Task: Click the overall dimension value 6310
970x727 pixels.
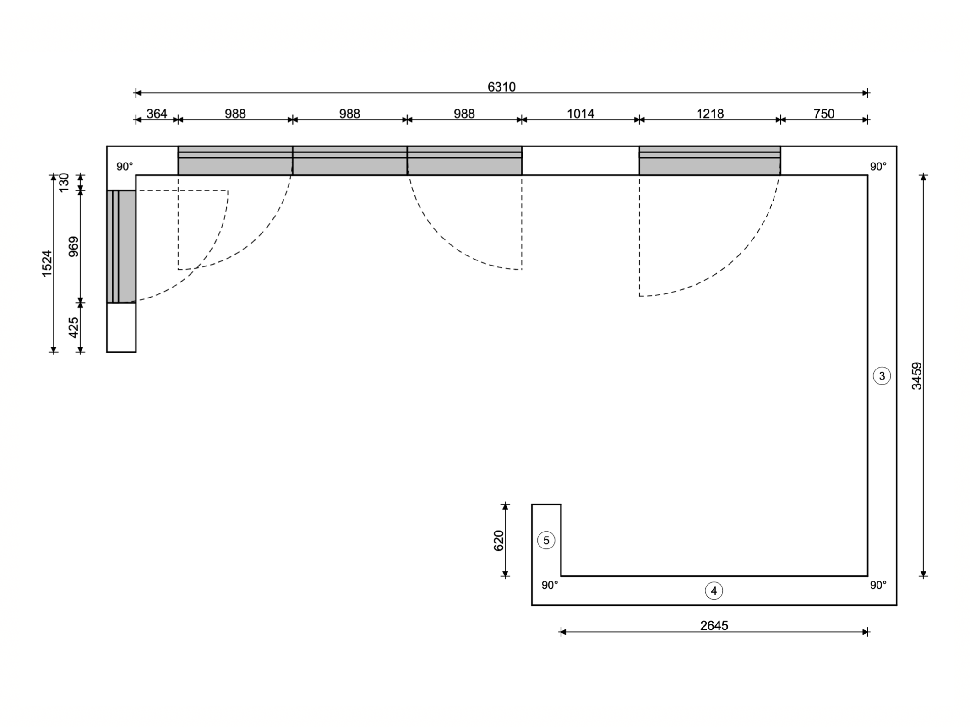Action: click(501, 87)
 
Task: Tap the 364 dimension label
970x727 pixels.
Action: click(157, 114)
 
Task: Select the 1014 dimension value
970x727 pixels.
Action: click(581, 114)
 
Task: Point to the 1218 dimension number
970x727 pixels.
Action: click(710, 114)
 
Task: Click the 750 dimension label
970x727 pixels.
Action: click(824, 114)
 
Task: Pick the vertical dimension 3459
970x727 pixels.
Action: click(917, 376)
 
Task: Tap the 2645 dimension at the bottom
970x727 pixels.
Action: click(714, 625)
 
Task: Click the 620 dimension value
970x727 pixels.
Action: click(499, 540)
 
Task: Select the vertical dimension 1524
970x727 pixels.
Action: click(47, 263)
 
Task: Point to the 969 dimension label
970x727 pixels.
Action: click(74, 247)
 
